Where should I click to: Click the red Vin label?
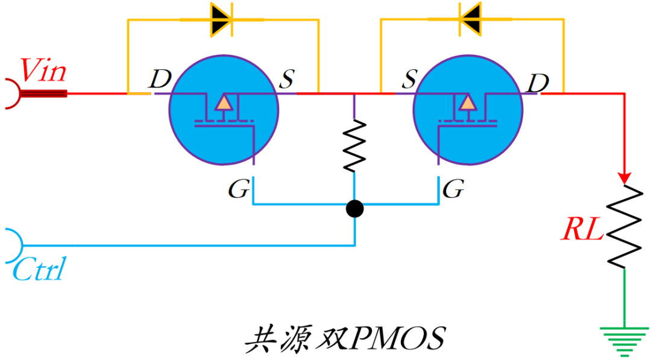tap(43, 71)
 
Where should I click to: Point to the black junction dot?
tap(354, 209)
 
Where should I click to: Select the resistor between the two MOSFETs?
tap(354, 145)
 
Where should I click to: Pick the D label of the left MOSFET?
tap(160, 78)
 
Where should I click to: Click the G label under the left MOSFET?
tap(238, 191)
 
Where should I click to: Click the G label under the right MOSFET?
tap(453, 191)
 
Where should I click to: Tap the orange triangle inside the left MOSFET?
tap(224, 103)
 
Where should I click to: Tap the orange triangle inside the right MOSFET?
tap(467, 103)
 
